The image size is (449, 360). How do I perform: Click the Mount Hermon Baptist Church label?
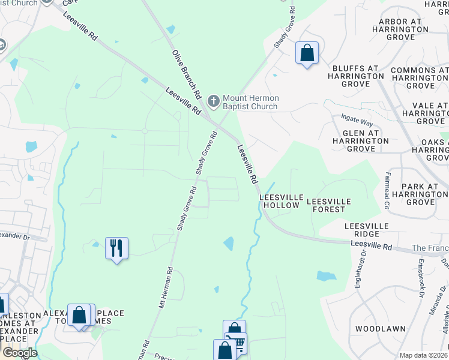[250, 102]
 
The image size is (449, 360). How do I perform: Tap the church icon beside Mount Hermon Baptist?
[212, 100]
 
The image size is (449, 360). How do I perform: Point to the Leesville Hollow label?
[279, 201]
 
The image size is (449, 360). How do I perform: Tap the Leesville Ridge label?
[367, 230]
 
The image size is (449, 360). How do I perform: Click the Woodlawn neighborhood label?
[379, 329]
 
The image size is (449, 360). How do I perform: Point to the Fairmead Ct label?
[387, 184]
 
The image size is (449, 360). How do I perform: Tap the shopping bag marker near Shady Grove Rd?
[307, 53]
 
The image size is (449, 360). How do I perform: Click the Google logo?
[20, 353]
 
